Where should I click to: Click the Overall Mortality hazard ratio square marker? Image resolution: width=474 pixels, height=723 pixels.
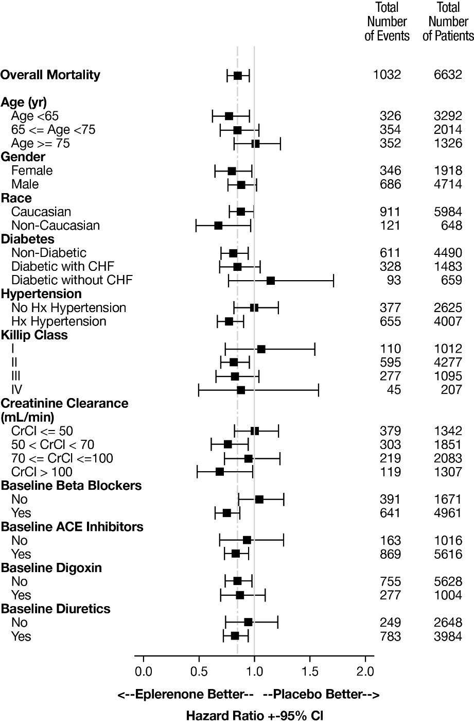237,76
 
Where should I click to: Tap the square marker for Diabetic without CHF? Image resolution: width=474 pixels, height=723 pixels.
271,281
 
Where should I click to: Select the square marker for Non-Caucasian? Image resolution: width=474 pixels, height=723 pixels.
218,226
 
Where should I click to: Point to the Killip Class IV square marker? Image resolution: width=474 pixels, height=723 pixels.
241,390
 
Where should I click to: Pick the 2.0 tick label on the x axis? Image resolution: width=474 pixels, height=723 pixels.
365,671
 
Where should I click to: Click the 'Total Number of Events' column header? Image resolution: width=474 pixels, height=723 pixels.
387,22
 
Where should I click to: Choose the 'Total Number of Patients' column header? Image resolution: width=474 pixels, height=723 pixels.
448,22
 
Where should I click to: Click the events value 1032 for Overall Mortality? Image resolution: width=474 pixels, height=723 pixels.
387,75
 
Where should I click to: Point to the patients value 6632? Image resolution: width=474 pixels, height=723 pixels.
448,75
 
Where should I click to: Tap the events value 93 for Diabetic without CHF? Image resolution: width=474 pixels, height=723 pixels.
392,280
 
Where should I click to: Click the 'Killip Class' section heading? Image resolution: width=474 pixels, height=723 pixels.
34,335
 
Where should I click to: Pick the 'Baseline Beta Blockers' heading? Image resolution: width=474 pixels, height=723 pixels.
72,486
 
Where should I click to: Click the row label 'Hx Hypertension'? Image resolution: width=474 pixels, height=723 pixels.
59,321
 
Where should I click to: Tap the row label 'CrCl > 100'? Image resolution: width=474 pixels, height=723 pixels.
42,472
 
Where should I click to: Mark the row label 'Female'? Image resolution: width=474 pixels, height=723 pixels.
32,170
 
